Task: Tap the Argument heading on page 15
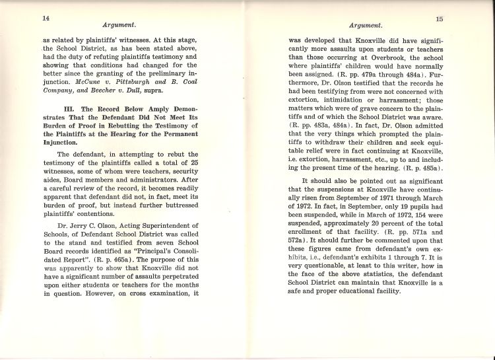[366, 25]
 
